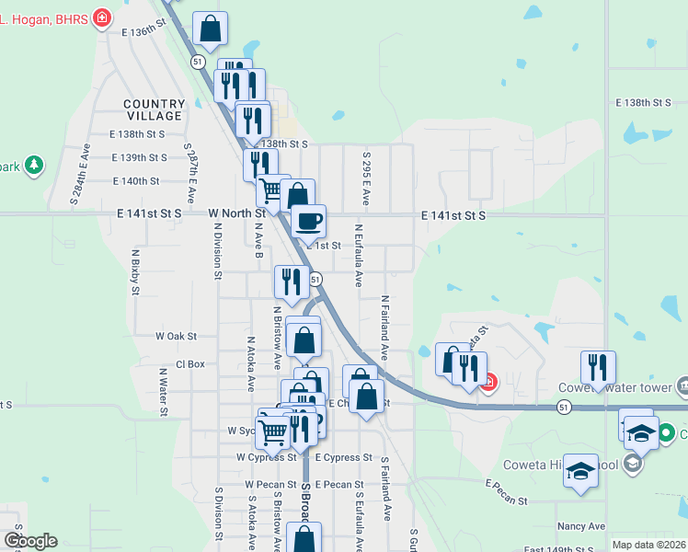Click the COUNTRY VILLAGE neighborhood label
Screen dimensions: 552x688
click(x=155, y=109)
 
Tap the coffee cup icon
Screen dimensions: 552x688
click(x=308, y=222)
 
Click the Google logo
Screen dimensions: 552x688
click(x=30, y=541)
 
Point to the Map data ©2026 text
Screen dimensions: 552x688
click(x=648, y=545)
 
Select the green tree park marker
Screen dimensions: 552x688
click(x=34, y=166)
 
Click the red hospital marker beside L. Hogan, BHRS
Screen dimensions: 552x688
click(x=102, y=17)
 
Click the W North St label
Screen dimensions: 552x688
click(x=237, y=213)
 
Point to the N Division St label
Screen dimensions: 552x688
click(x=217, y=253)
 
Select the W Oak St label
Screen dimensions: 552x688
click(x=177, y=337)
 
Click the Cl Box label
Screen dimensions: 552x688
click(x=189, y=363)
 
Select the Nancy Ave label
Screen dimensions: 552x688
click(x=580, y=526)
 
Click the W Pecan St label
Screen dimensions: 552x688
click(x=268, y=484)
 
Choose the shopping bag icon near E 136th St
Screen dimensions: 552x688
click(x=211, y=29)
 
